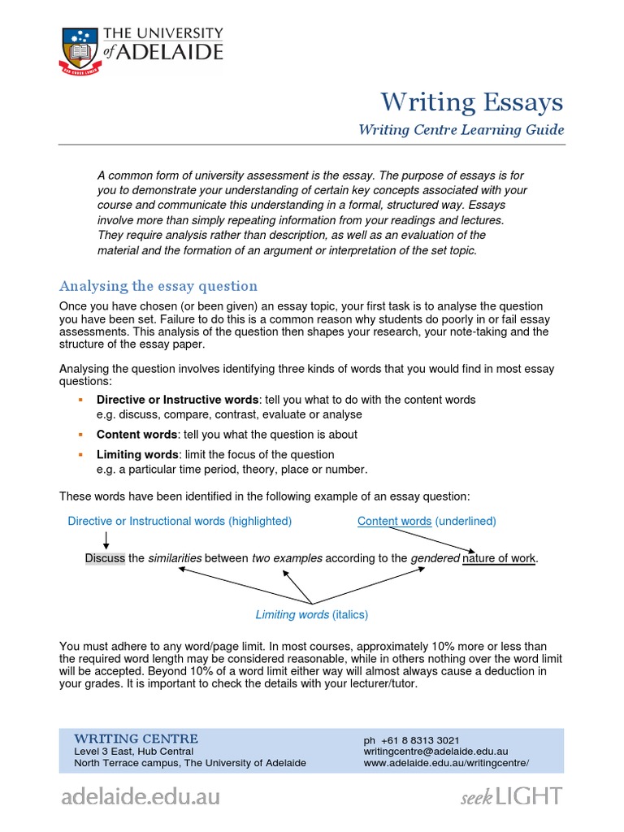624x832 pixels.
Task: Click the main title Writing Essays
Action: [x=472, y=102]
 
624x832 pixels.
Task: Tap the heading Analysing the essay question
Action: [x=158, y=286]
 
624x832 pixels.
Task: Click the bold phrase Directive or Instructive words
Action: [x=177, y=400]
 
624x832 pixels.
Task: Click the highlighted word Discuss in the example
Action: [x=105, y=558]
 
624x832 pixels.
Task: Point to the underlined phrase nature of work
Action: [x=499, y=558]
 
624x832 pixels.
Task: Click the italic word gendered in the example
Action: [x=435, y=558]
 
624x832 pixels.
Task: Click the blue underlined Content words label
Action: [x=394, y=521]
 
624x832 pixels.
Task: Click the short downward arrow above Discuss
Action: [x=106, y=539]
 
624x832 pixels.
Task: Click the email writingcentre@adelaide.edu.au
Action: [x=435, y=752]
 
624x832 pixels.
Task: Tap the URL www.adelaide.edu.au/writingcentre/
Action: [x=446, y=763]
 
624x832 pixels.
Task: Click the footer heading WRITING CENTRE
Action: [x=136, y=739]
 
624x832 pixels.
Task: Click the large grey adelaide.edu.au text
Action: [x=140, y=796]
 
